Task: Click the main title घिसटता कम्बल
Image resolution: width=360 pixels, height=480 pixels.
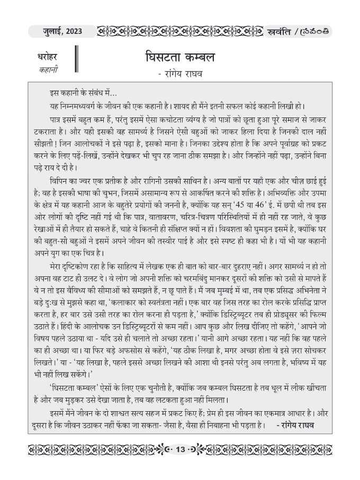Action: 179,58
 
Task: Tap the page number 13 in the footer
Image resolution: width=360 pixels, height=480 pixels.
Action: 180,449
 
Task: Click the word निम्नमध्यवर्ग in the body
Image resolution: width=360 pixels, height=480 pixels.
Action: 78,105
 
